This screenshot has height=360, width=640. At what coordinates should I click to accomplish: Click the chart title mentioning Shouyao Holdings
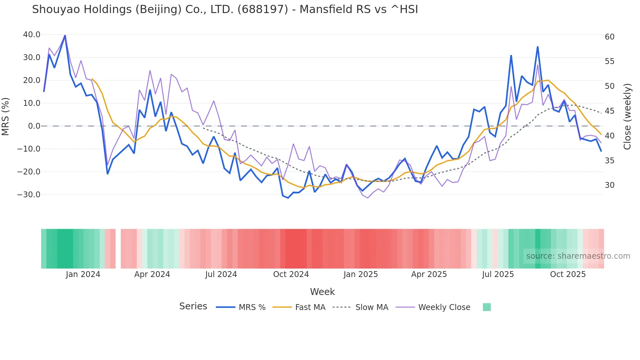(225, 9)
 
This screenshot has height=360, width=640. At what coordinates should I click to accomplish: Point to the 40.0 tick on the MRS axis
(32, 35)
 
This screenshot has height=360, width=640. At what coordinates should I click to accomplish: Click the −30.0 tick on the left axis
(29, 195)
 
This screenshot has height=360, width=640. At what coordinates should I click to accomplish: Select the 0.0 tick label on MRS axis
(34, 126)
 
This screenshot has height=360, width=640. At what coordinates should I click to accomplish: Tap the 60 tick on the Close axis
(609, 37)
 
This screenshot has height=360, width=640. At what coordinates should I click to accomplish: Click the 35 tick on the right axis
(609, 161)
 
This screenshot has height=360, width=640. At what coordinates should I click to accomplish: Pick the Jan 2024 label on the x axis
(83, 274)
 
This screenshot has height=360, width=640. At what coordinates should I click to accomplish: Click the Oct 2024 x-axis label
(291, 274)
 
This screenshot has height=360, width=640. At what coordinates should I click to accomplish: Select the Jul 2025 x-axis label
(498, 274)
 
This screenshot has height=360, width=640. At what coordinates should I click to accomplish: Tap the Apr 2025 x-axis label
(429, 274)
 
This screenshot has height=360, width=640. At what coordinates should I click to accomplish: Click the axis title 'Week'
(322, 292)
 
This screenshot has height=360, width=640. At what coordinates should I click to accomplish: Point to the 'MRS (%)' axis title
(6, 116)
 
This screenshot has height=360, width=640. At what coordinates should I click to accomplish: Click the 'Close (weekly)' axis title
(627, 116)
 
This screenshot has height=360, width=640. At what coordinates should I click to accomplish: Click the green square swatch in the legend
(487, 307)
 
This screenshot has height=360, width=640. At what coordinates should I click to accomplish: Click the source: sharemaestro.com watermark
(578, 256)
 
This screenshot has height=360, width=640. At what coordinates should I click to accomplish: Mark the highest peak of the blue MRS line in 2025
(537, 47)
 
